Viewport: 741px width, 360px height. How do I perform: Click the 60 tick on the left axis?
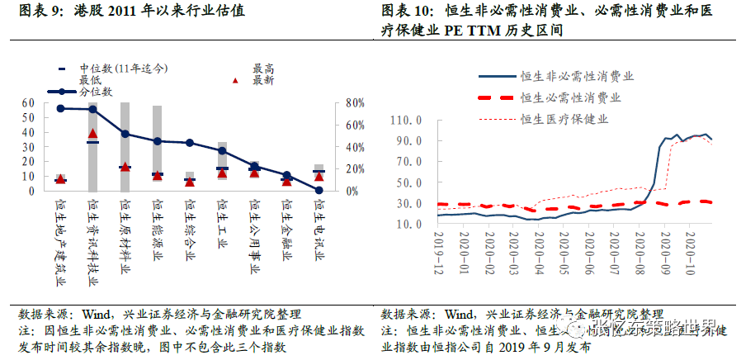(29, 103)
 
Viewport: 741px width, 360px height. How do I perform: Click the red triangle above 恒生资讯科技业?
(93, 133)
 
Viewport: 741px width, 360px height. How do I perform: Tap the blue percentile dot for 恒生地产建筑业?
(60, 108)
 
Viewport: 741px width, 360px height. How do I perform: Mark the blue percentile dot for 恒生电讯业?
(319, 190)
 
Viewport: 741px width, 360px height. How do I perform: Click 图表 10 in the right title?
(408, 12)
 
